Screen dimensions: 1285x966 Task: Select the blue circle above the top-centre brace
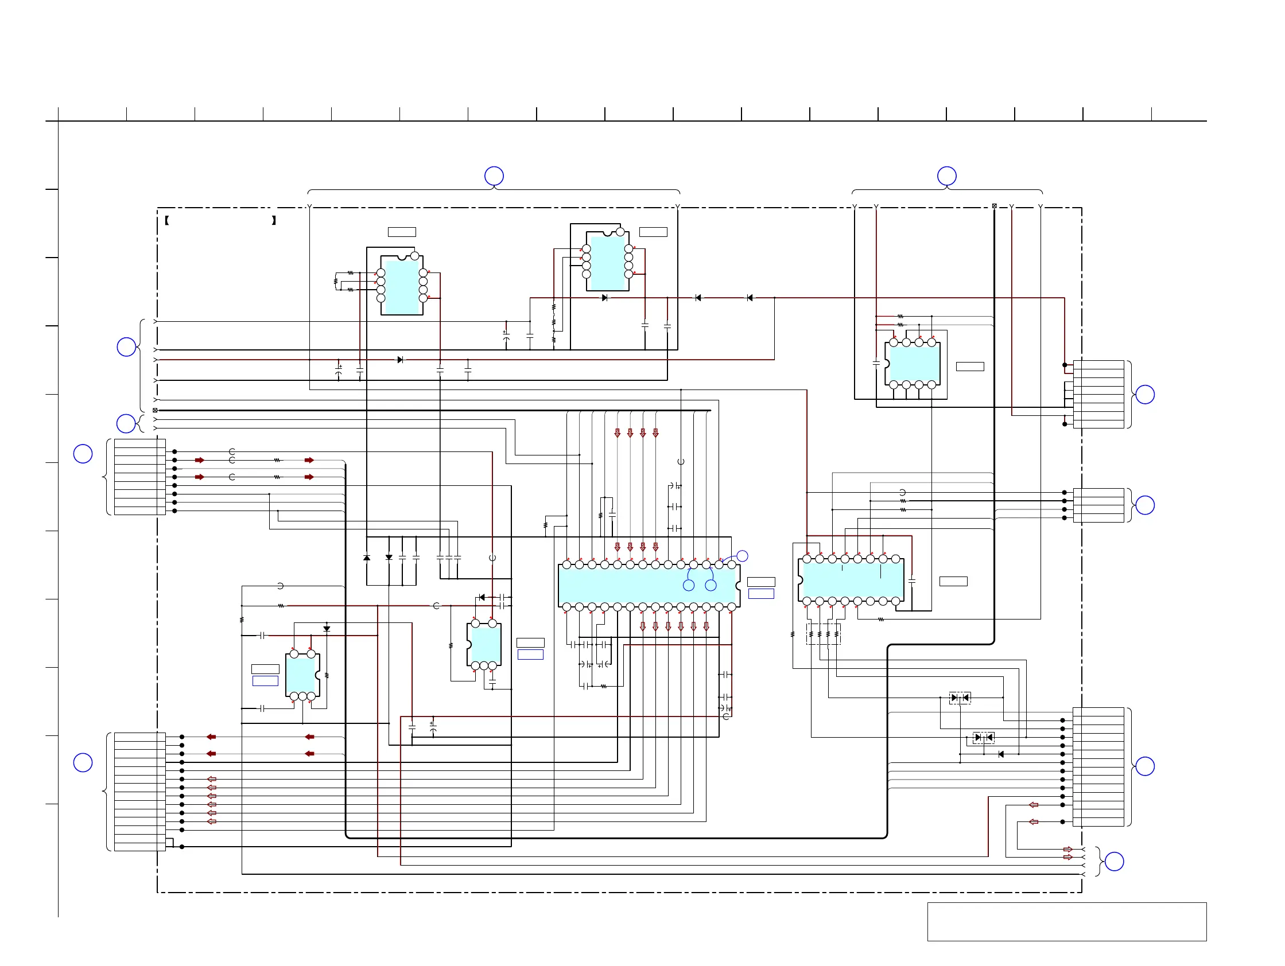click(x=494, y=176)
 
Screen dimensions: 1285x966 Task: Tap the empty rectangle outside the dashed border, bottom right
click(x=1066, y=921)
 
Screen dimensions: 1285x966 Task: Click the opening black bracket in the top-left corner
click(x=167, y=221)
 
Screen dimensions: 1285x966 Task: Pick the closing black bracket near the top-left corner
click(x=274, y=221)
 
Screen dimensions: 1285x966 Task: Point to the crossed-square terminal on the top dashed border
click(x=994, y=206)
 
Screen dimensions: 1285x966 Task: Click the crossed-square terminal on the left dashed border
click(x=155, y=410)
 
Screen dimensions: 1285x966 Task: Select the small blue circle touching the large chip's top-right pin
click(x=742, y=556)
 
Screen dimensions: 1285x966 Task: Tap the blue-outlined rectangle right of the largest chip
click(x=761, y=593)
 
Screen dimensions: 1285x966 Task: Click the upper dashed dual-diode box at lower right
click(x=960, y=698)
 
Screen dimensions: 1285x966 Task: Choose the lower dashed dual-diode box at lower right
click(x=984, y=737)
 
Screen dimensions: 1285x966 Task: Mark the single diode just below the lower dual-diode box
click(x=1000, y=755)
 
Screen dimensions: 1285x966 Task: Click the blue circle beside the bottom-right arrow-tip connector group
click(x=1113, y=862)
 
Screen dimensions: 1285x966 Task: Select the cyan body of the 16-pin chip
click(x=851, y=580)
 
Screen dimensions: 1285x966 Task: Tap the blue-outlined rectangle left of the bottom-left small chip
click(x=265, y=681)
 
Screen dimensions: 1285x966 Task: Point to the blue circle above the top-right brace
click(x=947, y=176)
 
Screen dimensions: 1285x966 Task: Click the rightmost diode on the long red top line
click(x=750, y=298)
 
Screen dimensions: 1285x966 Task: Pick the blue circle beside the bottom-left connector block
click(x=83, y=763)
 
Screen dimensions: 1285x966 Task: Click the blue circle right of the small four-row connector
click(x=1144, y=505)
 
